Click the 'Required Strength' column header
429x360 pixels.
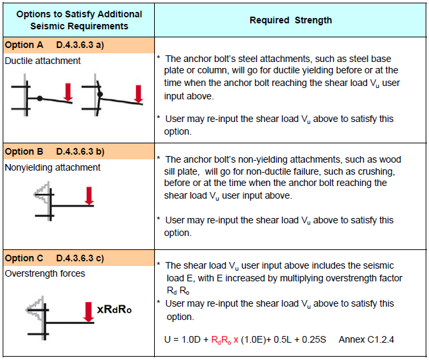[x=290, y=20]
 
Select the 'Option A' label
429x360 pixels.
[x=24, y=45]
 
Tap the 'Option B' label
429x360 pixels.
[x=24, y=151]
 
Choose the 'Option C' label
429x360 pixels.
[x=24, y=258]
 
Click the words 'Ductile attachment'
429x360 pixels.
[x=43, y=61]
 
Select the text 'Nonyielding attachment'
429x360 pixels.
[x=53, y=167]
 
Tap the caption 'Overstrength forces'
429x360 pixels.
[x=45, y=273]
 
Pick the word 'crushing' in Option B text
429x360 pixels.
[x=369, y=171]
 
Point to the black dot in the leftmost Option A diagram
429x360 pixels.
[x=40, y=98]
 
